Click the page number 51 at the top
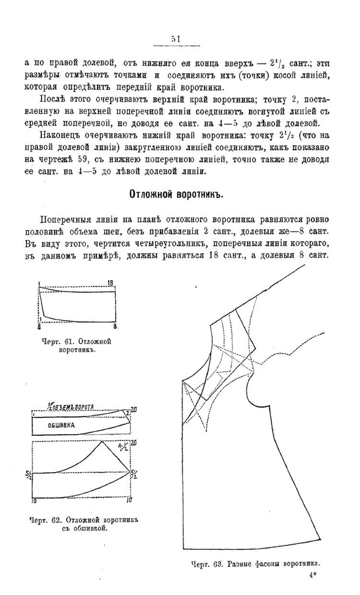point(176,39)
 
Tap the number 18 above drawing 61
point(110,283)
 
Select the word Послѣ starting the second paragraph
point(52,99)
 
